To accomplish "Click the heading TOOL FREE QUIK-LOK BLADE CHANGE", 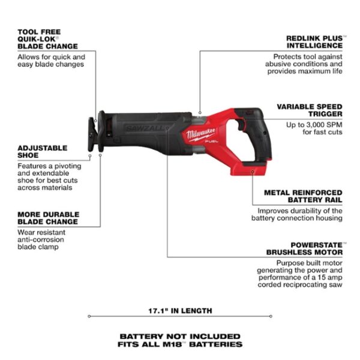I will tap(47, 38).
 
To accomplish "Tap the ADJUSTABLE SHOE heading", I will tap(42, 152).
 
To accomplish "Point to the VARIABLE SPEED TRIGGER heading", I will tap(310, 110).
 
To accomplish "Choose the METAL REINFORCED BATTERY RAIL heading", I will tap(304, 197).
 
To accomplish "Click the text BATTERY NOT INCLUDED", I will tap(180, 336).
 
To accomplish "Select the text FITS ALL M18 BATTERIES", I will tap(180, 345).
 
